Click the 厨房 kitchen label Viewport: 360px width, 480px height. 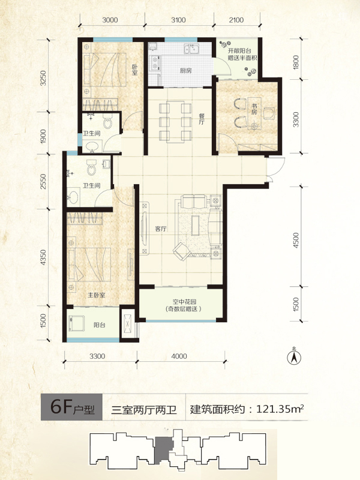pos(185,71)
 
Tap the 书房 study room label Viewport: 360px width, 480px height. pos(254,110)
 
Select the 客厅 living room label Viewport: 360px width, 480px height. pos(160,229)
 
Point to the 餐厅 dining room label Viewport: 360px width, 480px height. pos(202,119)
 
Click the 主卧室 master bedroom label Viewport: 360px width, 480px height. pos(97,295)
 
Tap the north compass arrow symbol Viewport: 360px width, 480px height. pos(294,356)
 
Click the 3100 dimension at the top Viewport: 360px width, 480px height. pos(178,20)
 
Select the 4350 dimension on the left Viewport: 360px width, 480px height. pos(43,257)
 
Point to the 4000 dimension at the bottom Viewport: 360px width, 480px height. pos(179,356)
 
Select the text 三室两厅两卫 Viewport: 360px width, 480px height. pos(144,410)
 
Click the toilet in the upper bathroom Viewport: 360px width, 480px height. pos(107,122)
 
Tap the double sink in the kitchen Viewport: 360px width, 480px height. pos(191,49)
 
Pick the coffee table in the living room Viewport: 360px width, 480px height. pos(196,225)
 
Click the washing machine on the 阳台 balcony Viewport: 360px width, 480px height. pos(77,323)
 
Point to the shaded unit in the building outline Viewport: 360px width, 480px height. pos(164,448)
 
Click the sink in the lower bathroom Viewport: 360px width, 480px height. pos(73,197)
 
